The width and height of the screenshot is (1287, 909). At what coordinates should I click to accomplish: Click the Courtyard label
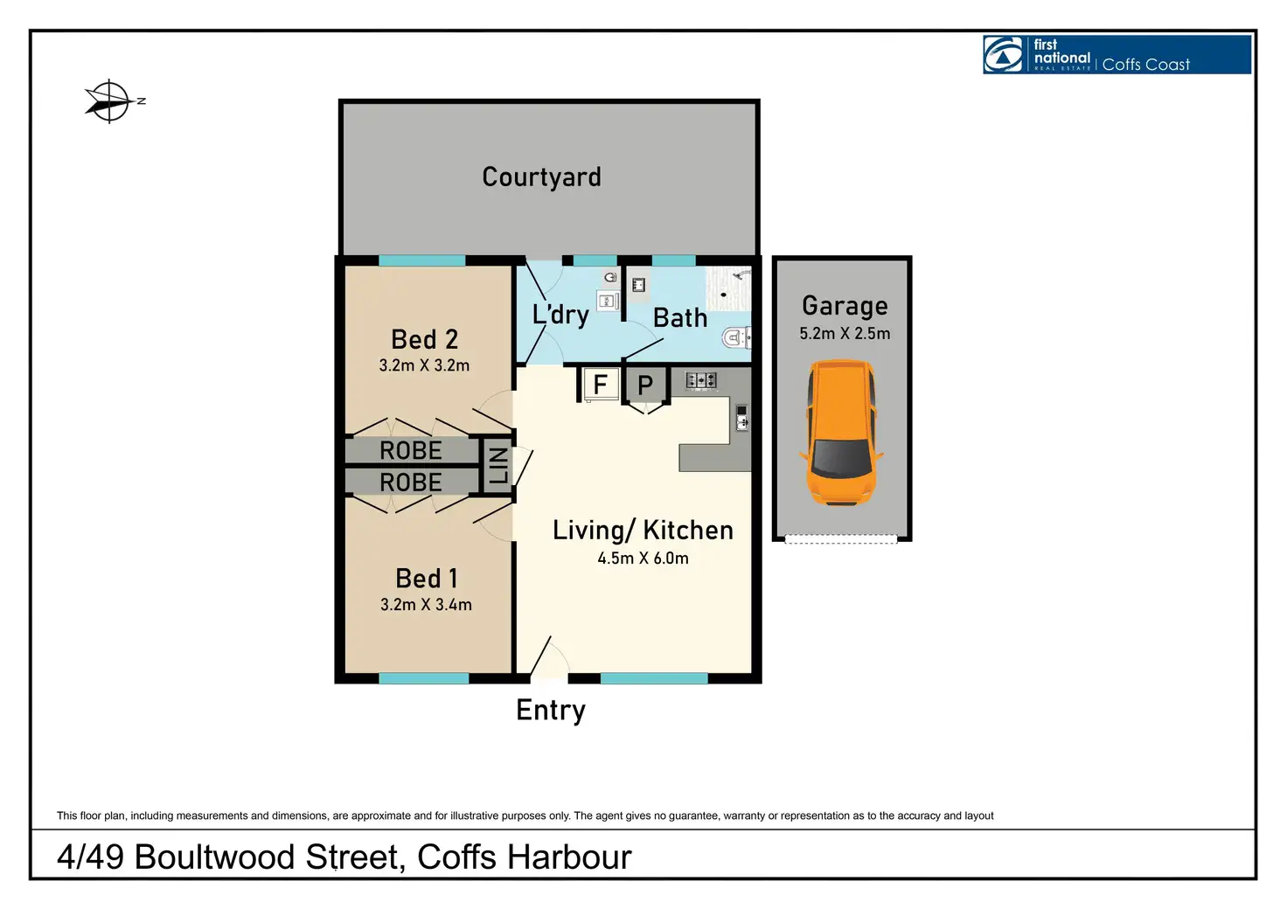[x=541, y=177]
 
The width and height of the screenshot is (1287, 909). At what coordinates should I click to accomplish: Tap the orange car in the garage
[x=841, y=434]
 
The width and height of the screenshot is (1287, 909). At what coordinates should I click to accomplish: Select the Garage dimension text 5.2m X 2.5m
[x=845, y=334]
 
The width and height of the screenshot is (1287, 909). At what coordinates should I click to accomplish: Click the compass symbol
[x=110, y=101]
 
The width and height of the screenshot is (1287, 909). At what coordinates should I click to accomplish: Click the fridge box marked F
[x=600, y=385]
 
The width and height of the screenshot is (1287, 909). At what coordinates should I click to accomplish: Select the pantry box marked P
[x=645, y=385]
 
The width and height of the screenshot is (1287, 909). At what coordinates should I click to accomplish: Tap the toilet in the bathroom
[x=736, y=337]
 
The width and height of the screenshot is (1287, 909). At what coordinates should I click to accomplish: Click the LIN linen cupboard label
[x=497, y=465]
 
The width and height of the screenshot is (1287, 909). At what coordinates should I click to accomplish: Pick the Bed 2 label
[x=425, y=339]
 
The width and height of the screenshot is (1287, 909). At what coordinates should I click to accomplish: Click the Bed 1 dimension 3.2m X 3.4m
[x=426, y=605]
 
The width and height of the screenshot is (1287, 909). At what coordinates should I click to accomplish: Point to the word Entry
[x=551, y=711]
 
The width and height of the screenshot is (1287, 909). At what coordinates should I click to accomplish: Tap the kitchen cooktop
[x=701, y=380]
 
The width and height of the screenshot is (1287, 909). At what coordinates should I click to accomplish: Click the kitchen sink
[x=741, y=418]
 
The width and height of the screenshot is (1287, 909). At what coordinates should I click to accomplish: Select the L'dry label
[x=560, y=314]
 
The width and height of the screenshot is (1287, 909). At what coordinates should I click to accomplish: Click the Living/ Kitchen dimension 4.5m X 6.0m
[x=643, y=559]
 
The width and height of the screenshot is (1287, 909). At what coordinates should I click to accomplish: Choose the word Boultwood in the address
[x=214, y=857]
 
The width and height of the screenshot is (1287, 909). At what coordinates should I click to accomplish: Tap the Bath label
[x=680, y=318]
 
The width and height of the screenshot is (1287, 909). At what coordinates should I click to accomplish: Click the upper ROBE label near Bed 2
[x=411, y=451]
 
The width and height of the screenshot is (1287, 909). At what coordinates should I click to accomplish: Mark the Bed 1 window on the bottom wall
[x=424, y=678]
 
